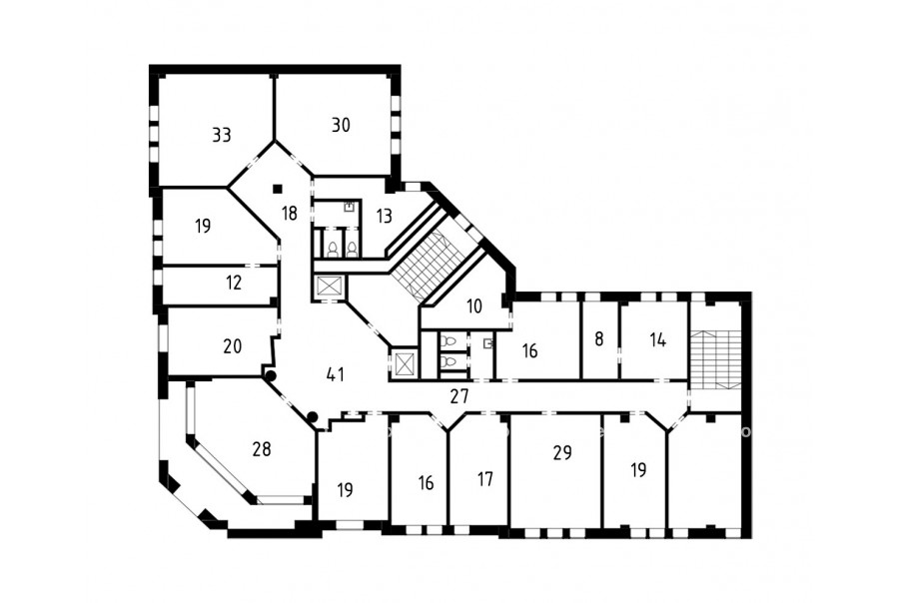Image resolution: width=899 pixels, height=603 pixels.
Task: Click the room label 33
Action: tap(222, 135)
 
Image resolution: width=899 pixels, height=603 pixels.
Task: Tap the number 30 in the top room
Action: tap(341, 125)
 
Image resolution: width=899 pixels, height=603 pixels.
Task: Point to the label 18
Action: tap(290, 214)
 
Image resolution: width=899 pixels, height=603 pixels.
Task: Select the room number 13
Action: tap(385, 216)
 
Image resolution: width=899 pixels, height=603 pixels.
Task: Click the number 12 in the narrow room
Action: tap(234, 283)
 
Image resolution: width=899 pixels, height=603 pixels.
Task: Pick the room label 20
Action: tap(232, 346)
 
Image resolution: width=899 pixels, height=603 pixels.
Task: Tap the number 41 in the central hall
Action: tap(336, 374)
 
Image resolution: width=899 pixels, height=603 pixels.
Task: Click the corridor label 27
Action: tap(459, 396)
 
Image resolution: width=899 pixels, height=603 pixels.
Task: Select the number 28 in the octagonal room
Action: tap(262, 449)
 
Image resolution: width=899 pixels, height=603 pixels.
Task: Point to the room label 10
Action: tap(474, 306)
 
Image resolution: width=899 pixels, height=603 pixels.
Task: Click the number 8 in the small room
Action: tap(599, 339)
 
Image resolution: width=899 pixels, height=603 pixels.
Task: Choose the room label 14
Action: tap(658, 339)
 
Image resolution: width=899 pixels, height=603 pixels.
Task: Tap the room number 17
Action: tap(485, 478)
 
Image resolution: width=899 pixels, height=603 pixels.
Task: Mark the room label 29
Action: tap(562, 453)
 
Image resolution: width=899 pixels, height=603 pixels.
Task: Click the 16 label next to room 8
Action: tap(529, 350)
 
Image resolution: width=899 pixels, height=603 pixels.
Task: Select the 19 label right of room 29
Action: tap(638, 470)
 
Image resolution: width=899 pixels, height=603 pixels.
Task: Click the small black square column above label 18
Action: tap(278, 188)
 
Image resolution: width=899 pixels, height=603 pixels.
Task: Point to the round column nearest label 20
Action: tap(270, 375)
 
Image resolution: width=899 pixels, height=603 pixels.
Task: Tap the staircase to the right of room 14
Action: tap(714, 359)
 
